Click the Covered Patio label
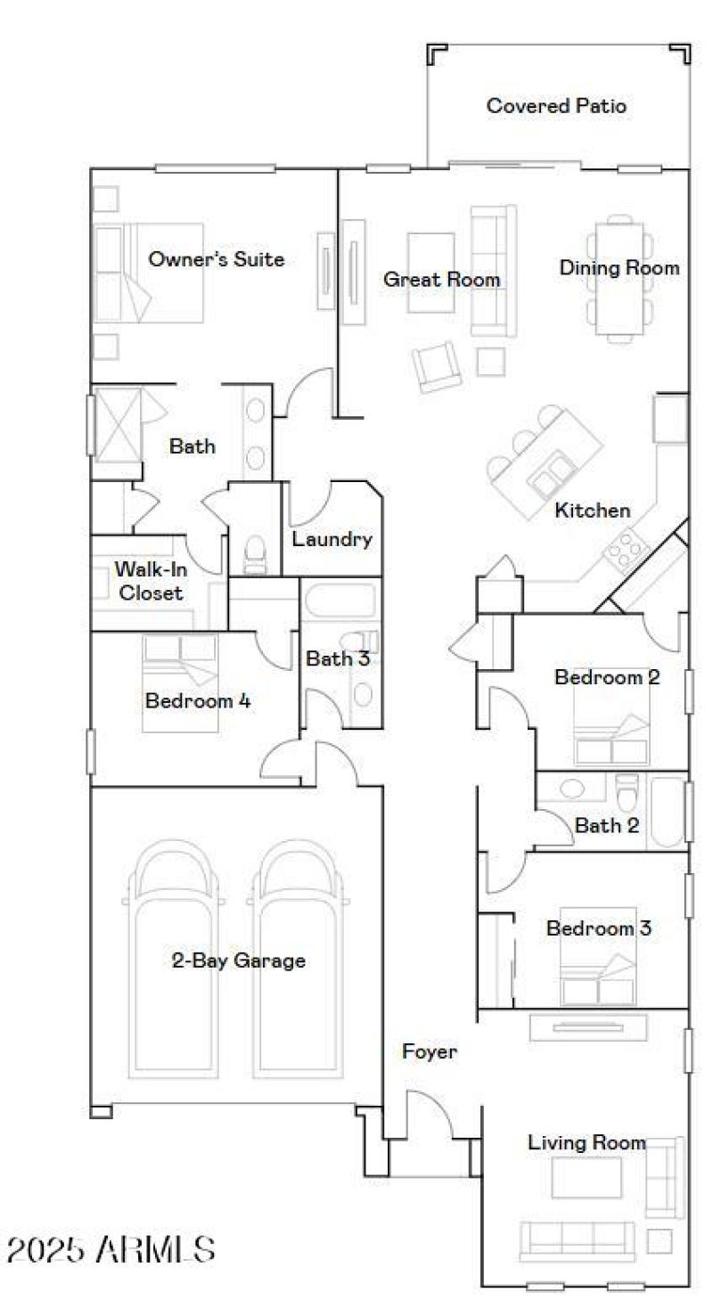pos(556,106)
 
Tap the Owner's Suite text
pos(217,259)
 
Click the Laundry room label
pos(332,539)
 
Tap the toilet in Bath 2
pos(627,790)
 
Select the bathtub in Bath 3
pos(341,601)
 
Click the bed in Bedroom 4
pos(180,684)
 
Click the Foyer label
pos(430,1051)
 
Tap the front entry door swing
pos(428,1114)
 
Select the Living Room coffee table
pos(586,1177)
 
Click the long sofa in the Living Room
pos(577,1238)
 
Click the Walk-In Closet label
pos(150,581)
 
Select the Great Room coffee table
pos(431,273)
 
